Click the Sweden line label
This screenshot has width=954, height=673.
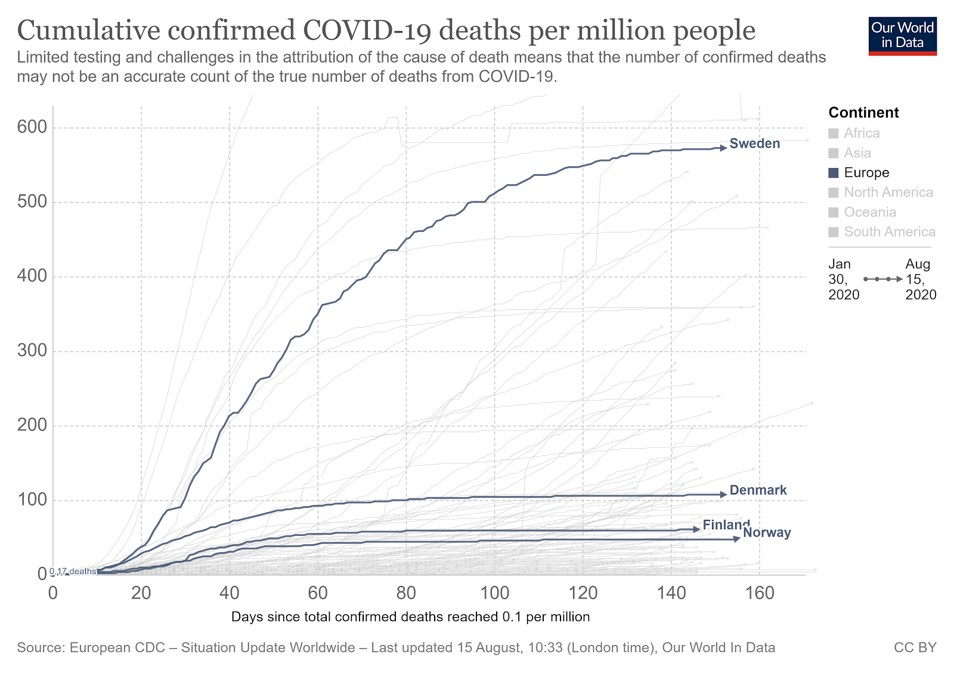tap(754, 144)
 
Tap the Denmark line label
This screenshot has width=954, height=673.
tap(758, 490)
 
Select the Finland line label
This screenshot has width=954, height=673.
tap(726, 525)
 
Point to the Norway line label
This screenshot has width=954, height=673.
tap(767, 533)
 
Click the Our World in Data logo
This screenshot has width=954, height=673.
tap(902, 36)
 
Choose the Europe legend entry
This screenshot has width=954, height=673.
tap(866, 173)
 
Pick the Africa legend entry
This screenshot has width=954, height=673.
tap(862, 134)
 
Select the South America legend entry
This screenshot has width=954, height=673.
tap(889, 232)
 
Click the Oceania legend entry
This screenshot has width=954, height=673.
tap(869, 212)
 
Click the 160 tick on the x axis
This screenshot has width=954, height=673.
tap(760, 593)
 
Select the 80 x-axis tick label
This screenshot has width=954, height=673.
tap(406, 593)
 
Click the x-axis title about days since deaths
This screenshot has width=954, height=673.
tap(410, 617)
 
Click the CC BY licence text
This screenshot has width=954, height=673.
tap(915, 647)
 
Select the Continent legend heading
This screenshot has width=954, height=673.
tap(863, 113)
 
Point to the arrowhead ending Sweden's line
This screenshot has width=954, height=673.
tap(724, 148)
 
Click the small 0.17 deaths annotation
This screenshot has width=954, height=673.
tap(73, 571)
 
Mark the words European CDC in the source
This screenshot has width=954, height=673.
tap(117, 647)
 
